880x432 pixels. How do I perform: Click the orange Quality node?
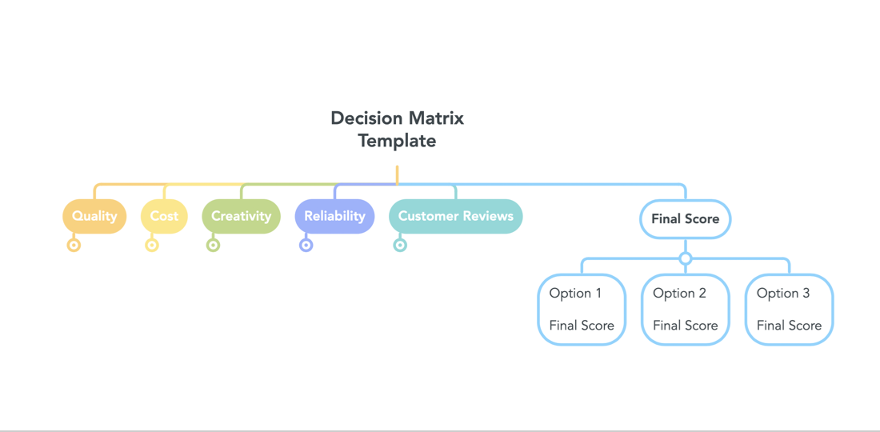point(94,216)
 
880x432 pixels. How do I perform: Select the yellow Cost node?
point(164,216)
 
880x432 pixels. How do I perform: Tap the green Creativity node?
point(242,216)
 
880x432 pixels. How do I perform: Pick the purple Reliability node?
point(334,216)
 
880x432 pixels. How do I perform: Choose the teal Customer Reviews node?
point(456,216)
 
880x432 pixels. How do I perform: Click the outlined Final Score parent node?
point(686,219)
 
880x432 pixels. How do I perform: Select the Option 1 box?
point(582,309)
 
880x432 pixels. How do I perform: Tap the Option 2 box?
point(686,309)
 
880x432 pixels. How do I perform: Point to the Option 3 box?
point(789,309)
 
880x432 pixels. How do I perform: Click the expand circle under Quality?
point(74,245)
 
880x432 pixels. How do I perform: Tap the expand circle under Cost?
point(151,245)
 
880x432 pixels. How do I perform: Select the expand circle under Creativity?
point(213,245)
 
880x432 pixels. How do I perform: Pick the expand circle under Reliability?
point(306,245)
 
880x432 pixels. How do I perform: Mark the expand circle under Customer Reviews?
point(399,245)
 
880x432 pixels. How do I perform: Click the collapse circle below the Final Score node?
point(686,258)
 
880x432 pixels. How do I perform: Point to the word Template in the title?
point(398,141)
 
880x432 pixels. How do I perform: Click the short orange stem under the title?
point(397,174)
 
